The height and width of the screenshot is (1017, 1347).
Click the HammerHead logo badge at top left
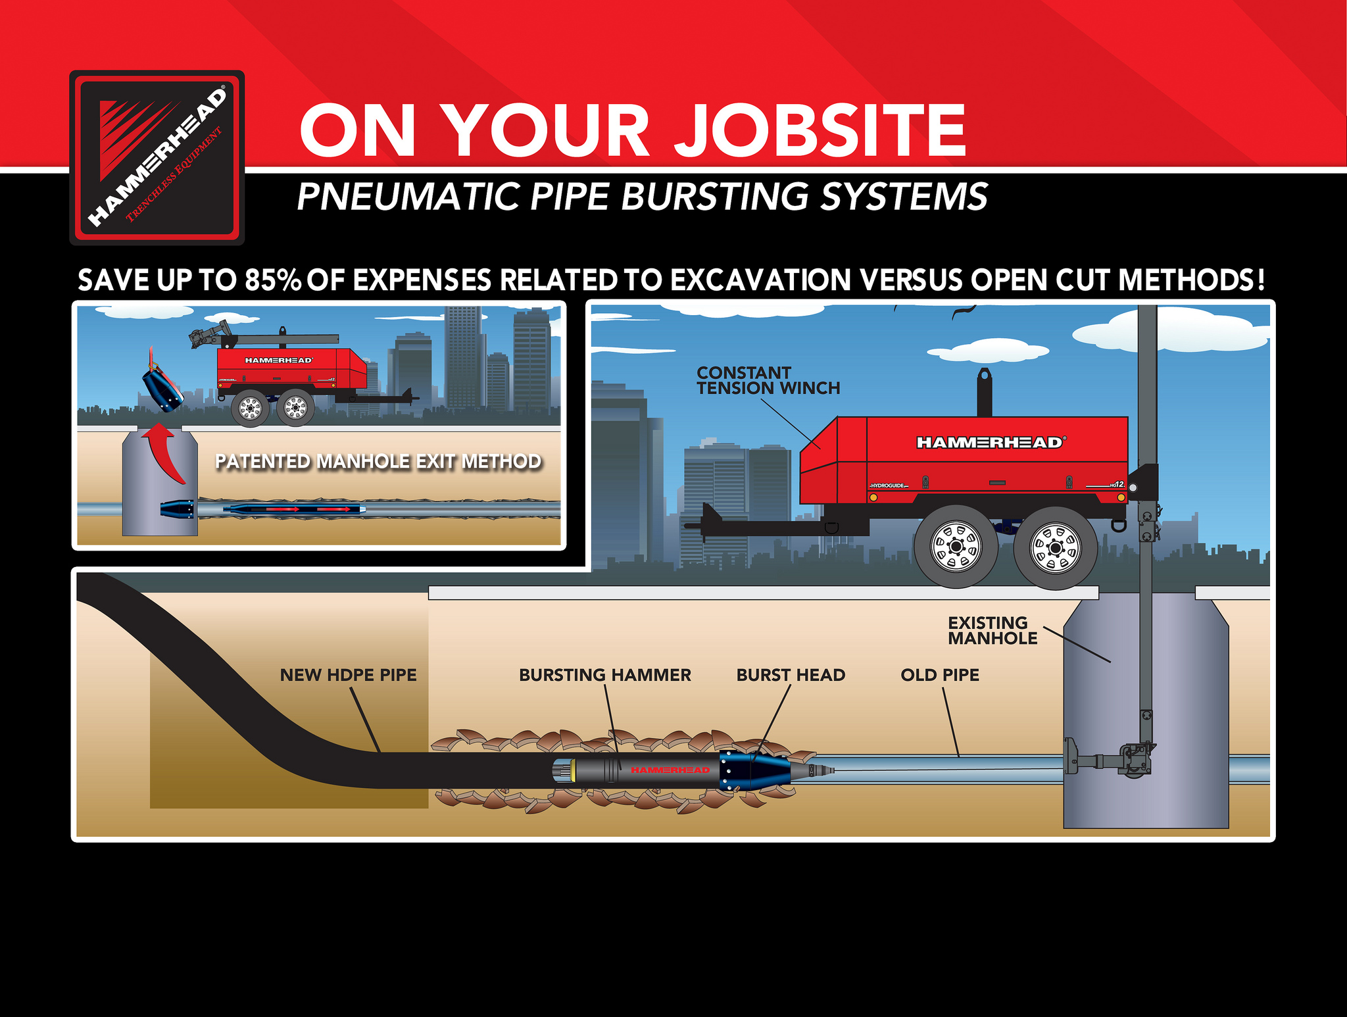pyautogui.click(x=157, y=158)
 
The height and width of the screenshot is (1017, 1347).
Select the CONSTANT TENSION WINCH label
pyautogui.click(x=768, y=381)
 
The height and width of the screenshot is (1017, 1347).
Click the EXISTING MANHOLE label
pyautogui.click(x=992, y=630)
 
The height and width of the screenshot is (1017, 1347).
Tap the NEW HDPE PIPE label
pyautogui.click(x=348, y=675)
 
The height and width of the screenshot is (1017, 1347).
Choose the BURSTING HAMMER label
pyautogui.click(x=604, y=675)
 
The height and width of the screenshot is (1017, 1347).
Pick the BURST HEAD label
pyautogui.click(x=791, y=675)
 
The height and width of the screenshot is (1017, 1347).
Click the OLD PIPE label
pyautogui.click(x=939, y=675)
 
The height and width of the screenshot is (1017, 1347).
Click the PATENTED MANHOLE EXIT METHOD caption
pyautogui.click(x=378, y=461)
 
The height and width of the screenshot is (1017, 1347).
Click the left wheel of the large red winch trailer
pyautogui.click(x=956, y=546)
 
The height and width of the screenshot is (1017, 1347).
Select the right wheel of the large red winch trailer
pyautogui.click(x=1054, y=547)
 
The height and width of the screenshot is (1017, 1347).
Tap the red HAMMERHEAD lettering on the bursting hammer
pyautogui.click(x=670, y=770)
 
